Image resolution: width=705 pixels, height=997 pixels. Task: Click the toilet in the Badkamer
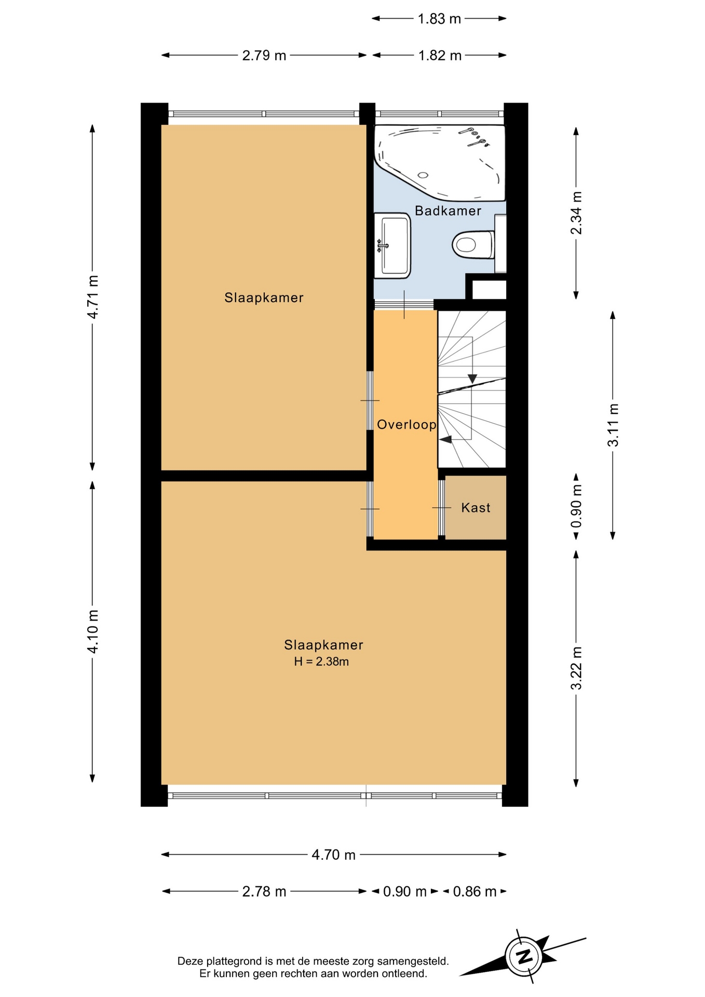click(x=473, y=244)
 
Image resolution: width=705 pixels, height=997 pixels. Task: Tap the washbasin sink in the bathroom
click(x=393, y=244)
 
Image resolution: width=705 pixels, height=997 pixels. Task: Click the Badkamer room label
click(x=448, y=211)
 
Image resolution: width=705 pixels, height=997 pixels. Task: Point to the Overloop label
click(x=406, y=425)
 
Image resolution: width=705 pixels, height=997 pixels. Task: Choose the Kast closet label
click(x=476, y=507)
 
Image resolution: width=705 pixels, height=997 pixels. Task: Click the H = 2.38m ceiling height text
click(x=321, y=662)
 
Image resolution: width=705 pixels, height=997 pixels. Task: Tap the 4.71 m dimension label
click(x=92, y=297)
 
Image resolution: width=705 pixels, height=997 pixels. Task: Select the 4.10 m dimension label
click(x=92, y=631)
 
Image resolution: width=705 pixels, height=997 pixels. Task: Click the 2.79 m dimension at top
click(x=264, y=55)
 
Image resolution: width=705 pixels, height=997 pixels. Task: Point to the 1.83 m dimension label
click(x=439, y=19)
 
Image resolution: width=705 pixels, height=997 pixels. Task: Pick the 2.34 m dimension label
click(x=576, y=212)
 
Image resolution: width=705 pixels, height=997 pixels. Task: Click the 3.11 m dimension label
click(x=613, y=425)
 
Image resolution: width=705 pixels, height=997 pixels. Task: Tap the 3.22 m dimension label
click(x=576, y=668)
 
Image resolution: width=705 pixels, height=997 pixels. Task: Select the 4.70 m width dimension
click(x=333, y=855)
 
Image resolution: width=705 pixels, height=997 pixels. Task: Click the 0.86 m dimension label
click(x=475, y=892)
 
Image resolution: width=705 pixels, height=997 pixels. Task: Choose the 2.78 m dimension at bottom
click(x=264, y=892)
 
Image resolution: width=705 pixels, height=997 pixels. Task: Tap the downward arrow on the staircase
click(x=472, y=379)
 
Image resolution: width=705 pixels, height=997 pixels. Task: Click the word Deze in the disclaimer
click(x=189, y=961)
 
